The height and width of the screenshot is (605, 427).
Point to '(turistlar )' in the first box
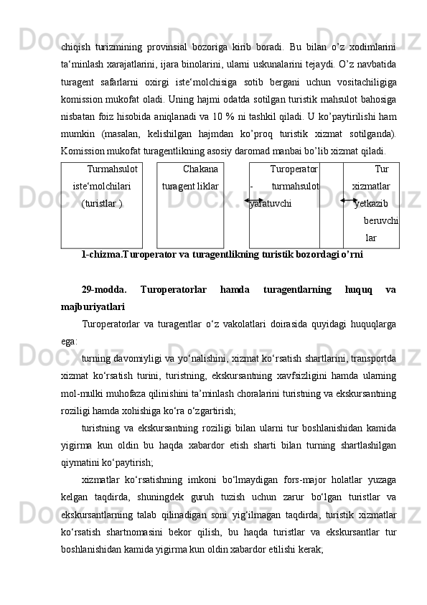(102, 204)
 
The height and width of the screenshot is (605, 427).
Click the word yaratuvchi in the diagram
(271, 204)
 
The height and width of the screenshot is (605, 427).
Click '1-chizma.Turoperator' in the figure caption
(126, 254)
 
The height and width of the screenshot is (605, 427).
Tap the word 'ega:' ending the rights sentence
(70, 342)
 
